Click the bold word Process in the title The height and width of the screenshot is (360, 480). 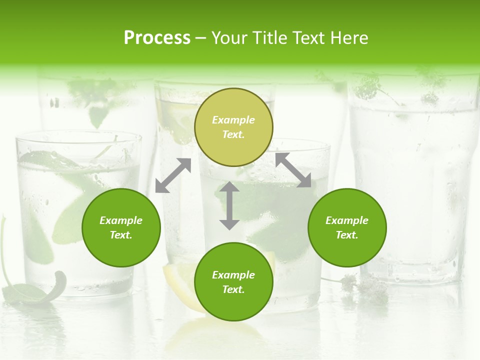click(157, 37)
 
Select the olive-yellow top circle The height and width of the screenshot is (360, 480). click(233, 127)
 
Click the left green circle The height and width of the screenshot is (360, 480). click(121, 227)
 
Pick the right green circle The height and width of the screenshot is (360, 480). click(347, 227)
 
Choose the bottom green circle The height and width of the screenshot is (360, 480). click(233, 282)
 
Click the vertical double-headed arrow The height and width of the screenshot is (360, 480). click(229, 205)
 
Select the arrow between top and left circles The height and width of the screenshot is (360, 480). click(173, 175)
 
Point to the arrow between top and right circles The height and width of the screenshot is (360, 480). click(293, 170)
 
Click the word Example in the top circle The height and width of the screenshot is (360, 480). click(233, 120)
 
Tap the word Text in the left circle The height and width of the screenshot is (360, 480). click(121, 235)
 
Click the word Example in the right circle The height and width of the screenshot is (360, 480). click(347, 220)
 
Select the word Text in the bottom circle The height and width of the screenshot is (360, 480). click(233, 289)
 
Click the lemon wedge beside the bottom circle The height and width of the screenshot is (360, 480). click(178, 280)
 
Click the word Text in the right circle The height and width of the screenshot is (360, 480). click(347, 235)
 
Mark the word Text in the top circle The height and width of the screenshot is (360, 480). click(233, 134)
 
